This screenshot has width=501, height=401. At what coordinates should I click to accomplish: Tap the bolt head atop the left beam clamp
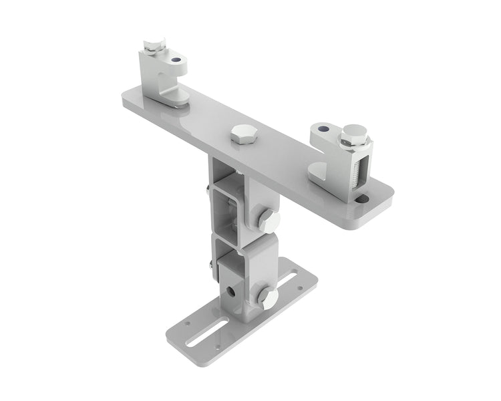(x=154, y=47)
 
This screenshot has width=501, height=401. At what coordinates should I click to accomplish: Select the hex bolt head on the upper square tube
(x=268, y=221)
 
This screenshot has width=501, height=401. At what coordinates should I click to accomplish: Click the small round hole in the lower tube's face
(x=230, y=291)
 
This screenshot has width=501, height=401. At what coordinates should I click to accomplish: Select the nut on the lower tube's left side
(x=212, y=267)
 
